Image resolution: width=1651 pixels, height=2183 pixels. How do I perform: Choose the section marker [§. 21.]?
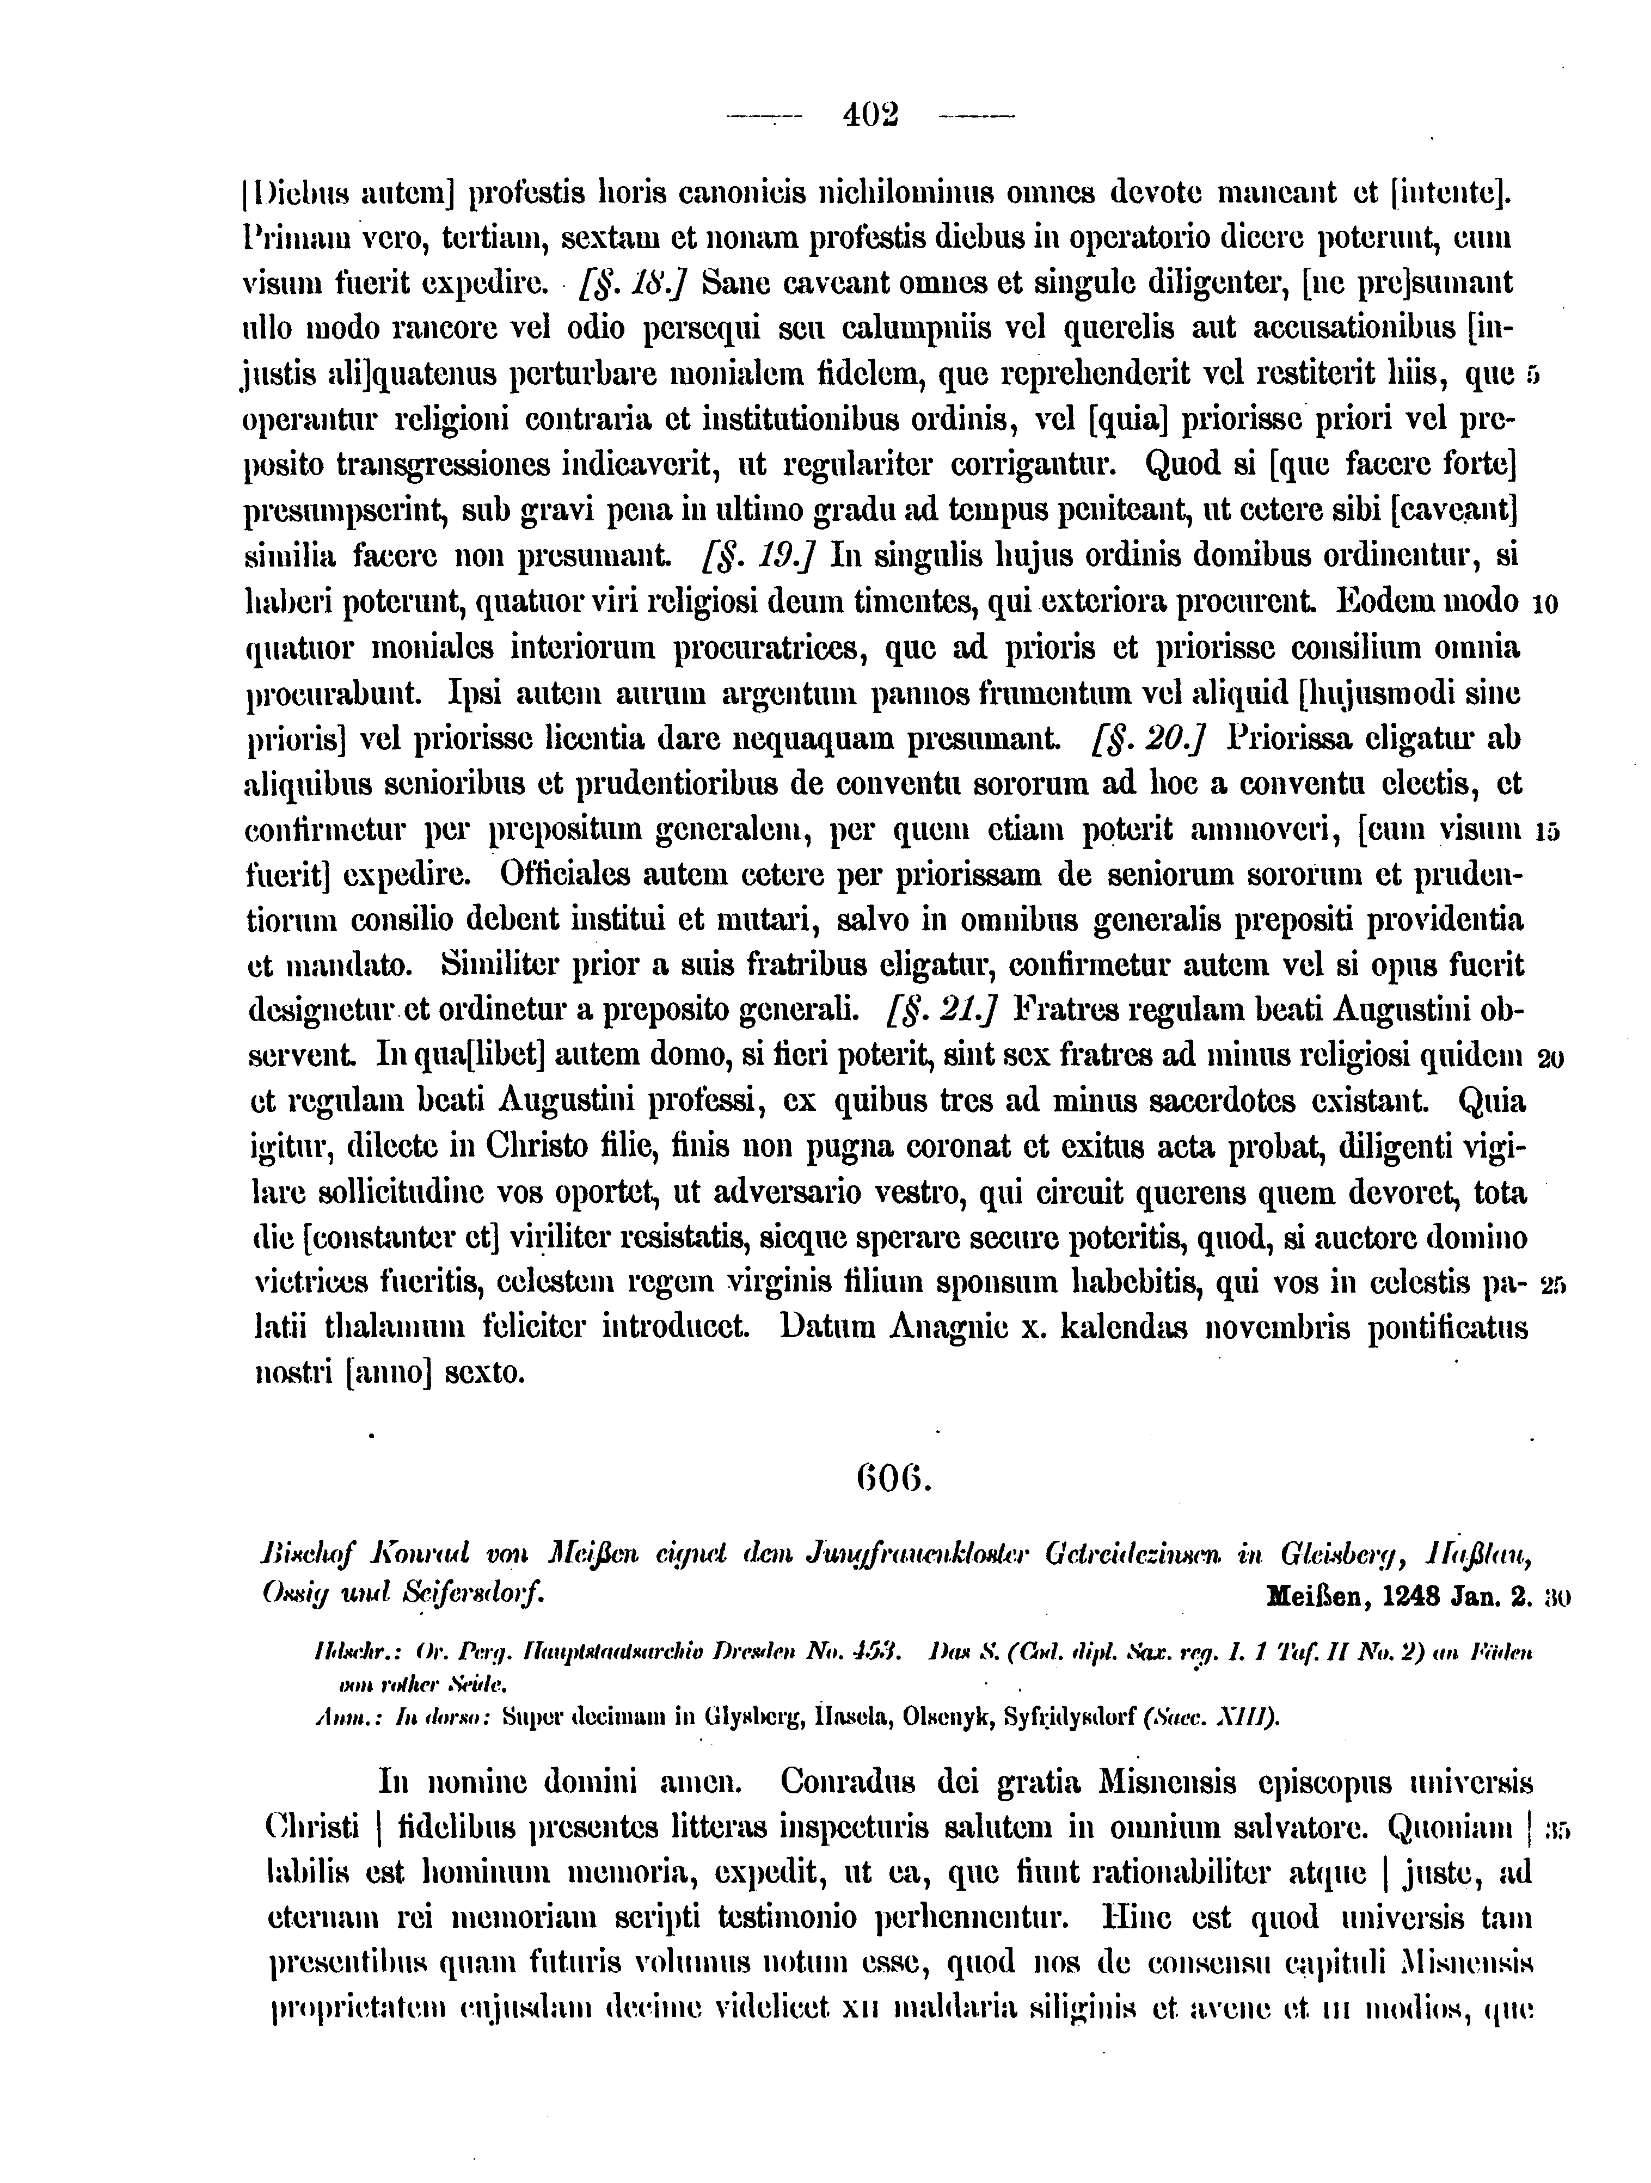point(942,1010)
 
